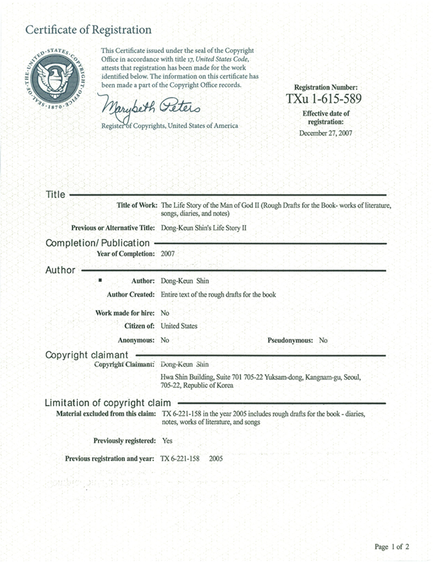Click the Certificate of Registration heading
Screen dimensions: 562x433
[88, 30]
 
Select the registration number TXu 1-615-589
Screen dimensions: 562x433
[323, 99]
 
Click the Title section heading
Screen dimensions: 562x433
[55, 195]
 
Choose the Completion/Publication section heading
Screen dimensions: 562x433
[97, 243]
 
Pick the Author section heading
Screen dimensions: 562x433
[60, 270]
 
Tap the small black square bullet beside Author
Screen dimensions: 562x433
[100, 280]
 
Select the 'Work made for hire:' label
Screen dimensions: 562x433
[125, 313]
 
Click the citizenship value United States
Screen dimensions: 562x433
[179, 326]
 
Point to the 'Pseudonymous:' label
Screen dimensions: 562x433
[290, 341]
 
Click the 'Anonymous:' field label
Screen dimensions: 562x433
[136, 341]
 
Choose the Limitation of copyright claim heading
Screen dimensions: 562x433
[108, 403]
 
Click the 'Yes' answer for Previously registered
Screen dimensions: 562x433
[167, 441]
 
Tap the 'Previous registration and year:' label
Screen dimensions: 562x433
[110, 459]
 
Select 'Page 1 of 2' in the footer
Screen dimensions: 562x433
[392, 547]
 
